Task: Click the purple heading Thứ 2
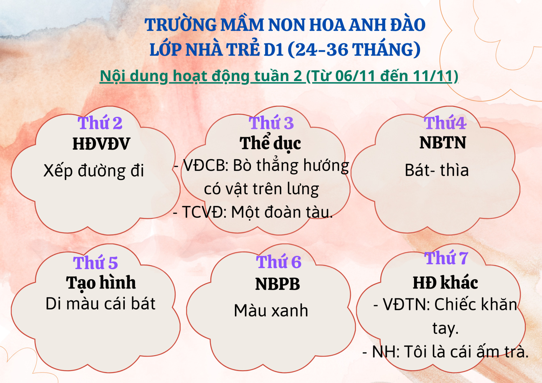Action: (100, 123)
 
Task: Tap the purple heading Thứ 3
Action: (271, 123)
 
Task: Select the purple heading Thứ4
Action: (445, 123)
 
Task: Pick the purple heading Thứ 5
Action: (95, 262)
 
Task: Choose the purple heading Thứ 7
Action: (446, 258)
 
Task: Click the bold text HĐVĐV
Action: (101, 144)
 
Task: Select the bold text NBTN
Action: (442, 143)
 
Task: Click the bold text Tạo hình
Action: (101, 283)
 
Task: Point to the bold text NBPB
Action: (277, 284)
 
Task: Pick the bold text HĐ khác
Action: (445, 282)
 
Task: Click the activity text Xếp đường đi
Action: (94, 170)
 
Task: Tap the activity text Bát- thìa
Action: (437, 170)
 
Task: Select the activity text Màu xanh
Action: (271, 311)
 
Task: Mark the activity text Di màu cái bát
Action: (101, 304)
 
